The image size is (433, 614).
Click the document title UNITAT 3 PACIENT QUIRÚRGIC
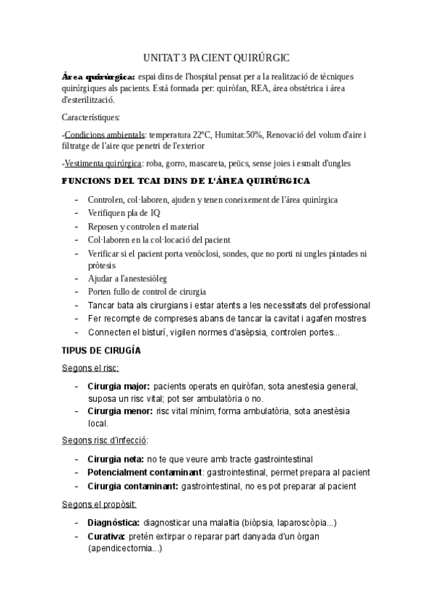click(x=216, y=57)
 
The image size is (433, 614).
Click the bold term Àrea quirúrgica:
click(x=98, y=76)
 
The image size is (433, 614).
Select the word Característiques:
click(x=92, y=118)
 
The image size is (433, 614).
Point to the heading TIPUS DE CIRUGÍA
click(x=102, y=351)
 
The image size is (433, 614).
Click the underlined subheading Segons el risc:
click(x=91, y=369)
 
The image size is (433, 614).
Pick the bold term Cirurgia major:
click(x=119, y=387)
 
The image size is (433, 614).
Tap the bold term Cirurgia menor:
click(x=119, y=411)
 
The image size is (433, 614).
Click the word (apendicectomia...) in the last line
click(x=124, y=549)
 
